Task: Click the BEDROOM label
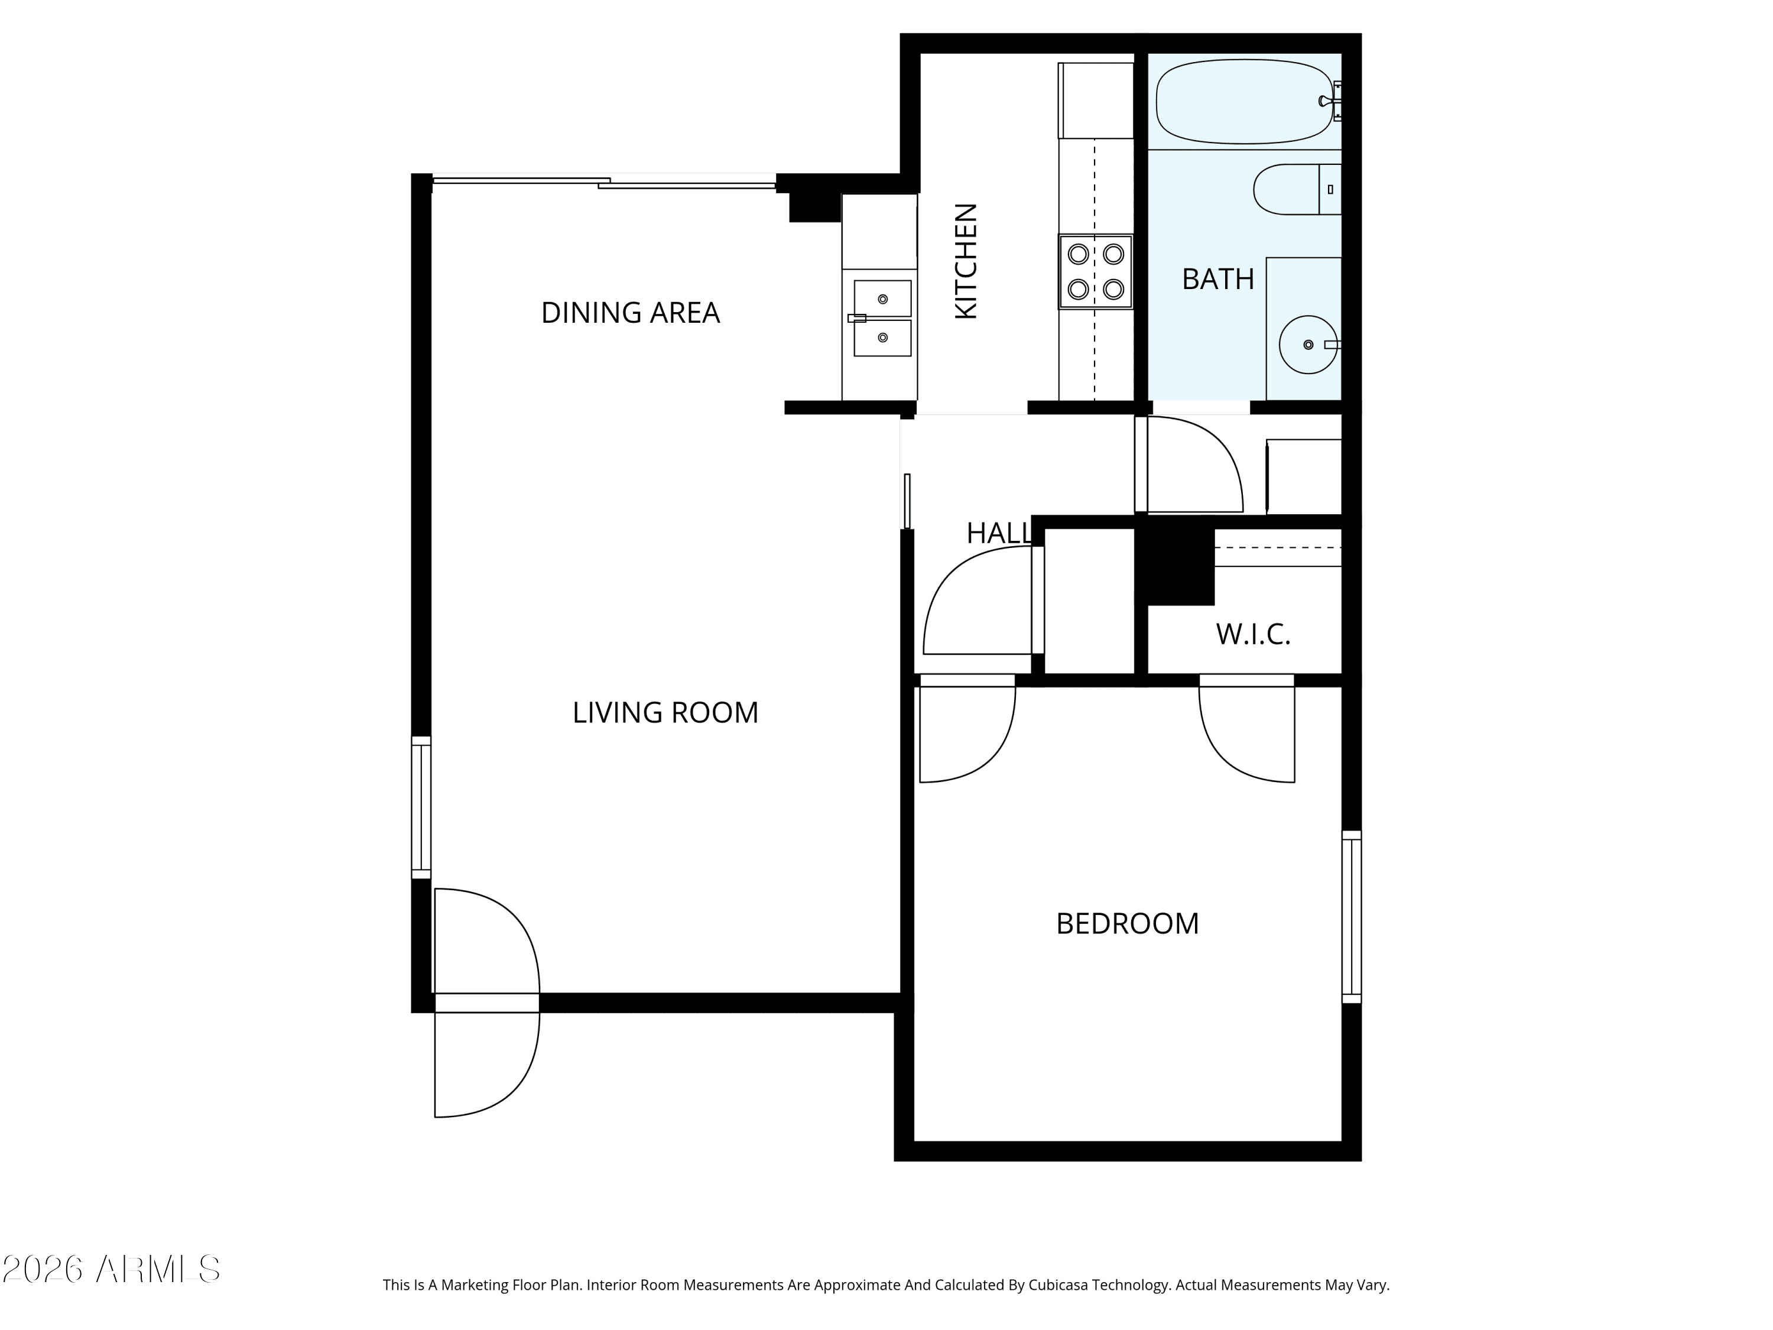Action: (x=1127, y=923)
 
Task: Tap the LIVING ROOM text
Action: (x=665, y=713)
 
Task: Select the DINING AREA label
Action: (x=630, y=313)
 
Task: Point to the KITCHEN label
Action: (x=967, y=261)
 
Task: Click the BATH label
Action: (x=1217, y=279)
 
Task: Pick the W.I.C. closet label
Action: (x=1253, y=634)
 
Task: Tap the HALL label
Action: (x=999, y=533)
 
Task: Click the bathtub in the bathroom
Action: (x=1245, y=102)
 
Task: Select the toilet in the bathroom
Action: (x=1297, y=189)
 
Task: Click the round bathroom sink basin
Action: (x=1308, y=345)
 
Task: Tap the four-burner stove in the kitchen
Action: (x=1096, y=272)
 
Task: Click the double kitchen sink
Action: (x=882, y=318)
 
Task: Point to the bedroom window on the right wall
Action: (x=1352, y=916)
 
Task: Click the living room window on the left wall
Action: (x=421, y=807)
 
